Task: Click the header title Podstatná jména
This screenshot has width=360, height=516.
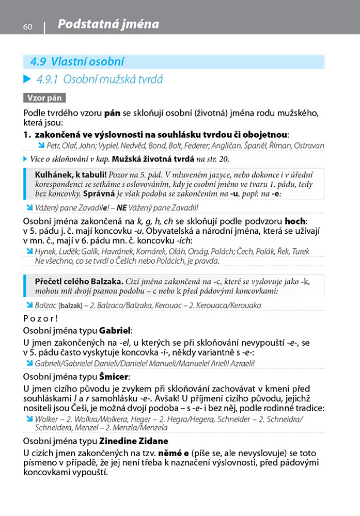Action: pyautogui.click(x=108, y=24)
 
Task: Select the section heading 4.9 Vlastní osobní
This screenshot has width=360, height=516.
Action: pyautogui.click(x=77, y=62)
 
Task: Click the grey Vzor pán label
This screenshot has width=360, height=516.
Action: pyautogui.click(x=44, y=98)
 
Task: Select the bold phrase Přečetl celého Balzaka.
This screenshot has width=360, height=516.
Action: pyautogui.click(x=79, y=282)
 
